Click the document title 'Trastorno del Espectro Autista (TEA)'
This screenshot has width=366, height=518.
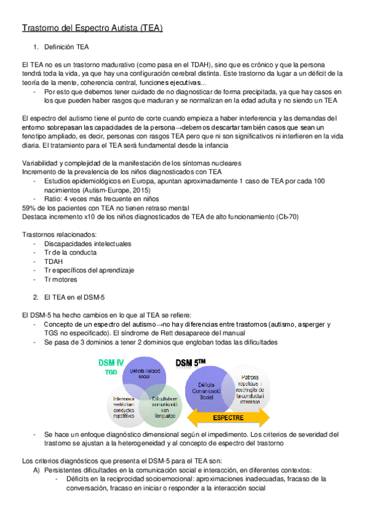pyautogui.click(x=92, y=28)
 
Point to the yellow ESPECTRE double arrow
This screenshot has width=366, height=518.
pyautogui.click(x=227, y=418)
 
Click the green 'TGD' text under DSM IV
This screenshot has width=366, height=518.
pyautogui.click(x=111, y=371)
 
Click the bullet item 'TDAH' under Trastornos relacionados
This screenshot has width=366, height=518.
pyautogui.click(x=54, y=261)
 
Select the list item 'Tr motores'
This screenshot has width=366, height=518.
pyautogui.click(x=61, y=279)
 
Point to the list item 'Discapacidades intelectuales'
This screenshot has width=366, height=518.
pyautogui.click(x=87, y=244)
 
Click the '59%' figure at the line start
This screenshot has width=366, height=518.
pyautogui.click(x=29, y=208)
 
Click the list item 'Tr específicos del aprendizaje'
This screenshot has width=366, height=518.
pyautogui.click(x=89, y=270)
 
